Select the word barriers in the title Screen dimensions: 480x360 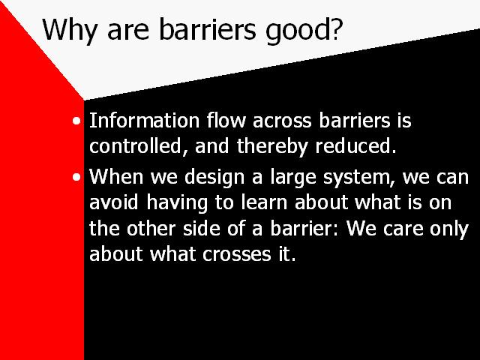pyautogui.click(x=207, y=29)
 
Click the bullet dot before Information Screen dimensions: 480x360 pyautogui.click(x=76, y=121)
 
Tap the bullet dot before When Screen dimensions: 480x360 pyautogui.click(x=76, y=177)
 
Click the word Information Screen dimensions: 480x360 pyautogui.click(x=144, y=120)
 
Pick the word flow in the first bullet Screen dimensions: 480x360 pyautogui.click(x=226, y=119)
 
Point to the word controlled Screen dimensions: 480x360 pyautogui.click(x=135, y=145)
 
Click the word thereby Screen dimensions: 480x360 pyautogui.click(x=272, y=147)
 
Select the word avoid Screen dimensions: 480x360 pyautogui.click(x=113, y=202)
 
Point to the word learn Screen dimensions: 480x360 pyautogui.click(x=264, y=202)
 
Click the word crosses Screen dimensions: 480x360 pyautogui.click(x=237, y=255)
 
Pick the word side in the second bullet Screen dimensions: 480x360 pyautogui.click(x=202, y=228)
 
